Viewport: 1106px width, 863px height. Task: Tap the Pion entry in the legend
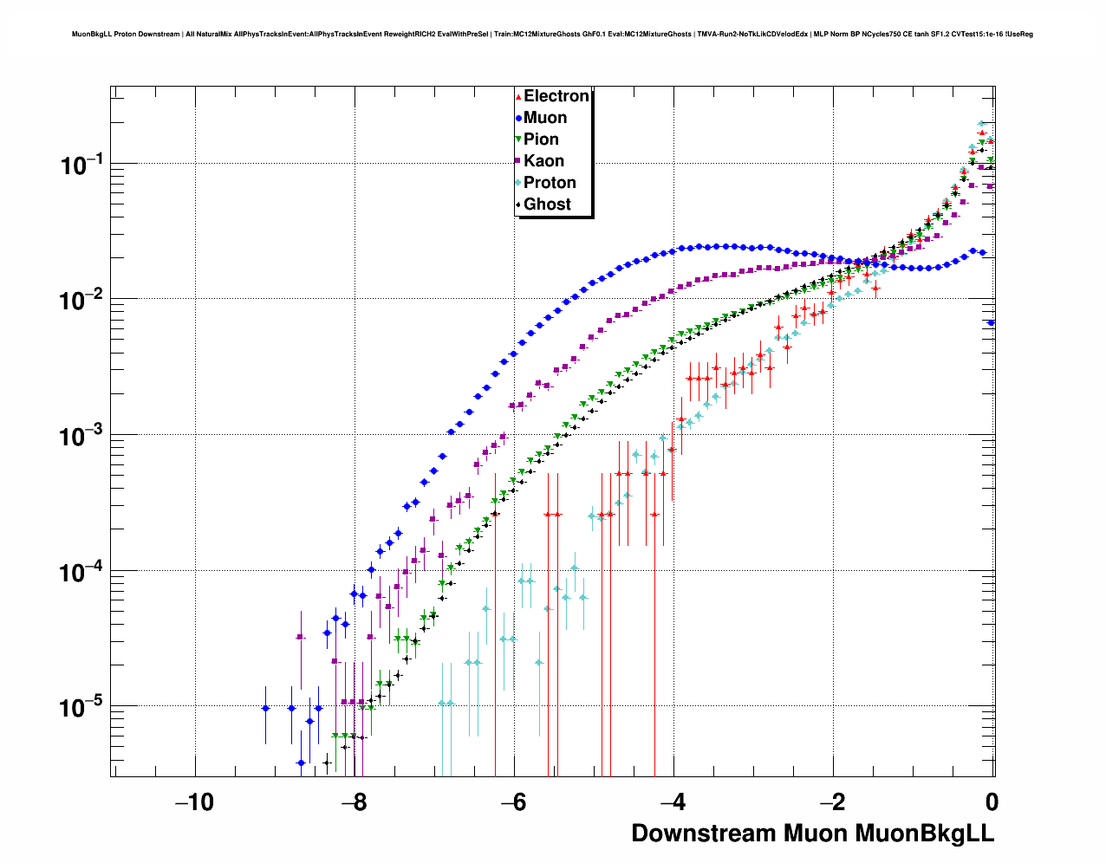click(x=541, y=140)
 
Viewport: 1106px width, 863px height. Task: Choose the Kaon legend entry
click(x=543, y=161)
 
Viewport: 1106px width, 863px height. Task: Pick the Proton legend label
click(x=550, y=183)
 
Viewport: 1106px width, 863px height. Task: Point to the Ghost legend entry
click(x=547, y=204)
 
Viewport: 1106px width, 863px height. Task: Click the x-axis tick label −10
click(x=194, y=802)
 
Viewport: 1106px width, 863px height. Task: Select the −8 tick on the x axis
click(x=354, y=802)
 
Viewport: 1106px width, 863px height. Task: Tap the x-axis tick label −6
click(x=514, y=802)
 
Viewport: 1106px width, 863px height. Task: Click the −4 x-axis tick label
click(x=673, y=802)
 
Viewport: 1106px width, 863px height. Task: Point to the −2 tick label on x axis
click(x=833, y=802)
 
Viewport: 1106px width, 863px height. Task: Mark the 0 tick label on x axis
click(x=992, y=802)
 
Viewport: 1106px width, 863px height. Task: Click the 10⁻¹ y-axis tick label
click(x=82, y=164)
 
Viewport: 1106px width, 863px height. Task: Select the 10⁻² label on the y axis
click(x=82, y=300)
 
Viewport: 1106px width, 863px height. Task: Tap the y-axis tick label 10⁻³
click(x=82, y=436)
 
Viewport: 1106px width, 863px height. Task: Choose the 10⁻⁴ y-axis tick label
click(x=82, y=572)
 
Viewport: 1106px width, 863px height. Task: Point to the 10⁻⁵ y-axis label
click(x=82, y=708)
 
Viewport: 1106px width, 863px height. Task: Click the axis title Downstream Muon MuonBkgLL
click(x=812, y=834)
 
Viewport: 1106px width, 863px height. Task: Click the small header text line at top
click(x=552, y=35)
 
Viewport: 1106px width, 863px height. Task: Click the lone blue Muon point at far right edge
click(x=991, y=322)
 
